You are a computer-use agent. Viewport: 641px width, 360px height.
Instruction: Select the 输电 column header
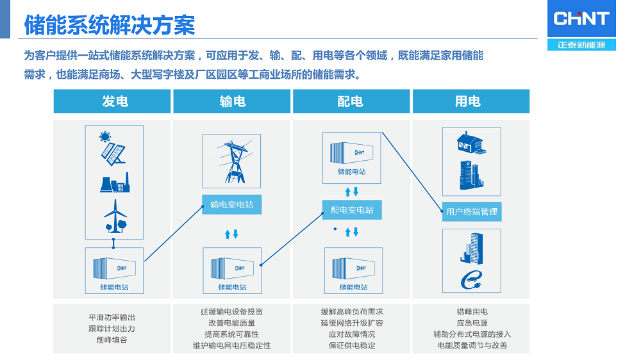[x=232, y=101]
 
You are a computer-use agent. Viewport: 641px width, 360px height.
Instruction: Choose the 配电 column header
[x=350, y=101]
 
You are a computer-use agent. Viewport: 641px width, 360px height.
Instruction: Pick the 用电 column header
[x=468, y=101]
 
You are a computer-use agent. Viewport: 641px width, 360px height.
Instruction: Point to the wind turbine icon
[x=115, y=215]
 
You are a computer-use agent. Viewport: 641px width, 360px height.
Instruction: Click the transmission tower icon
[x=231, y=161]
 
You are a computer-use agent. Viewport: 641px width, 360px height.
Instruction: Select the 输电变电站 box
[x=231, y=205]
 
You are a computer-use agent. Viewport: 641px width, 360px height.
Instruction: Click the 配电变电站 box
[x=352, y=209]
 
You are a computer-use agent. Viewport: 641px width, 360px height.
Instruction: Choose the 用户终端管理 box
[x=472, y=211]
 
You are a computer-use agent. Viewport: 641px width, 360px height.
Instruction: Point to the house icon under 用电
[x=471, y=142]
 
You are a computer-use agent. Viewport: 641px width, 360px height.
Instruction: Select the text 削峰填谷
[x=112, y=340]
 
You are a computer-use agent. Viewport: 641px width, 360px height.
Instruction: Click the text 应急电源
[x=472, y=323]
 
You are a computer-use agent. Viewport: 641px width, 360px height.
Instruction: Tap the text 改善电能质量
[x=231, y=323]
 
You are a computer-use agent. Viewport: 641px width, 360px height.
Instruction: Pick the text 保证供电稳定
[x=352, y=345]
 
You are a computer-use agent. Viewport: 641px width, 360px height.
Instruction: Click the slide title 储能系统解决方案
[x=110, y=26]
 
